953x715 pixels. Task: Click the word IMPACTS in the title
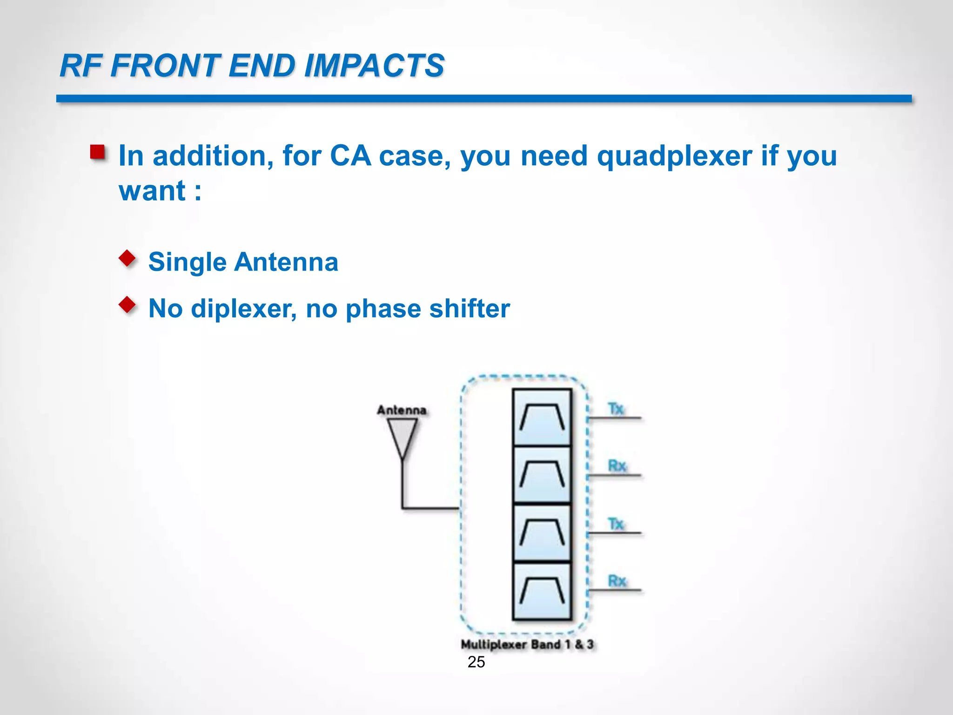click(374, 66)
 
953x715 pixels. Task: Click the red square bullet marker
click(98, 152)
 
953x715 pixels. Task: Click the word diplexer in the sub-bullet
click(243, 309)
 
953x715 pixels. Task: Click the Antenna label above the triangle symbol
click(402, 410)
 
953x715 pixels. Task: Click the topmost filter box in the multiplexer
click(542, 418)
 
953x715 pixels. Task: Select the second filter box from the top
click(542, 475)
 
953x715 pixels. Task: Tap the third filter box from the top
click(542, 533)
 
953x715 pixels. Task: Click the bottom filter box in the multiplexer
click(542, 591)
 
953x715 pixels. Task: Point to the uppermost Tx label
click(616, 409)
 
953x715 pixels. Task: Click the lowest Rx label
click(617, 581)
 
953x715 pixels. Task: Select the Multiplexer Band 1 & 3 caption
click(527, 645)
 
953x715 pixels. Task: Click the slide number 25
click(476, 662)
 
